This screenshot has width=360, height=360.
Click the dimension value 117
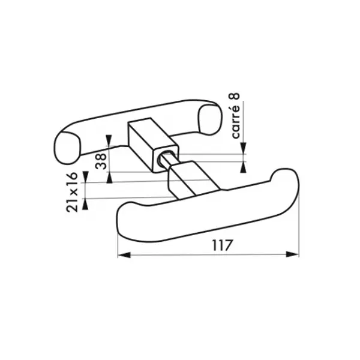(x=222, y=245)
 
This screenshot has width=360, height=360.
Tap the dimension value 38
(x=101, y=161)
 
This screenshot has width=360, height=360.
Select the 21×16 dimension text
(x=72, y=192)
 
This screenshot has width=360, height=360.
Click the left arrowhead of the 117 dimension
(x=124, y=254)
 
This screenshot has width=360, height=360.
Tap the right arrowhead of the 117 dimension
(x=293, y=254)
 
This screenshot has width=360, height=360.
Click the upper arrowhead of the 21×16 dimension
(x=85, y=177)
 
